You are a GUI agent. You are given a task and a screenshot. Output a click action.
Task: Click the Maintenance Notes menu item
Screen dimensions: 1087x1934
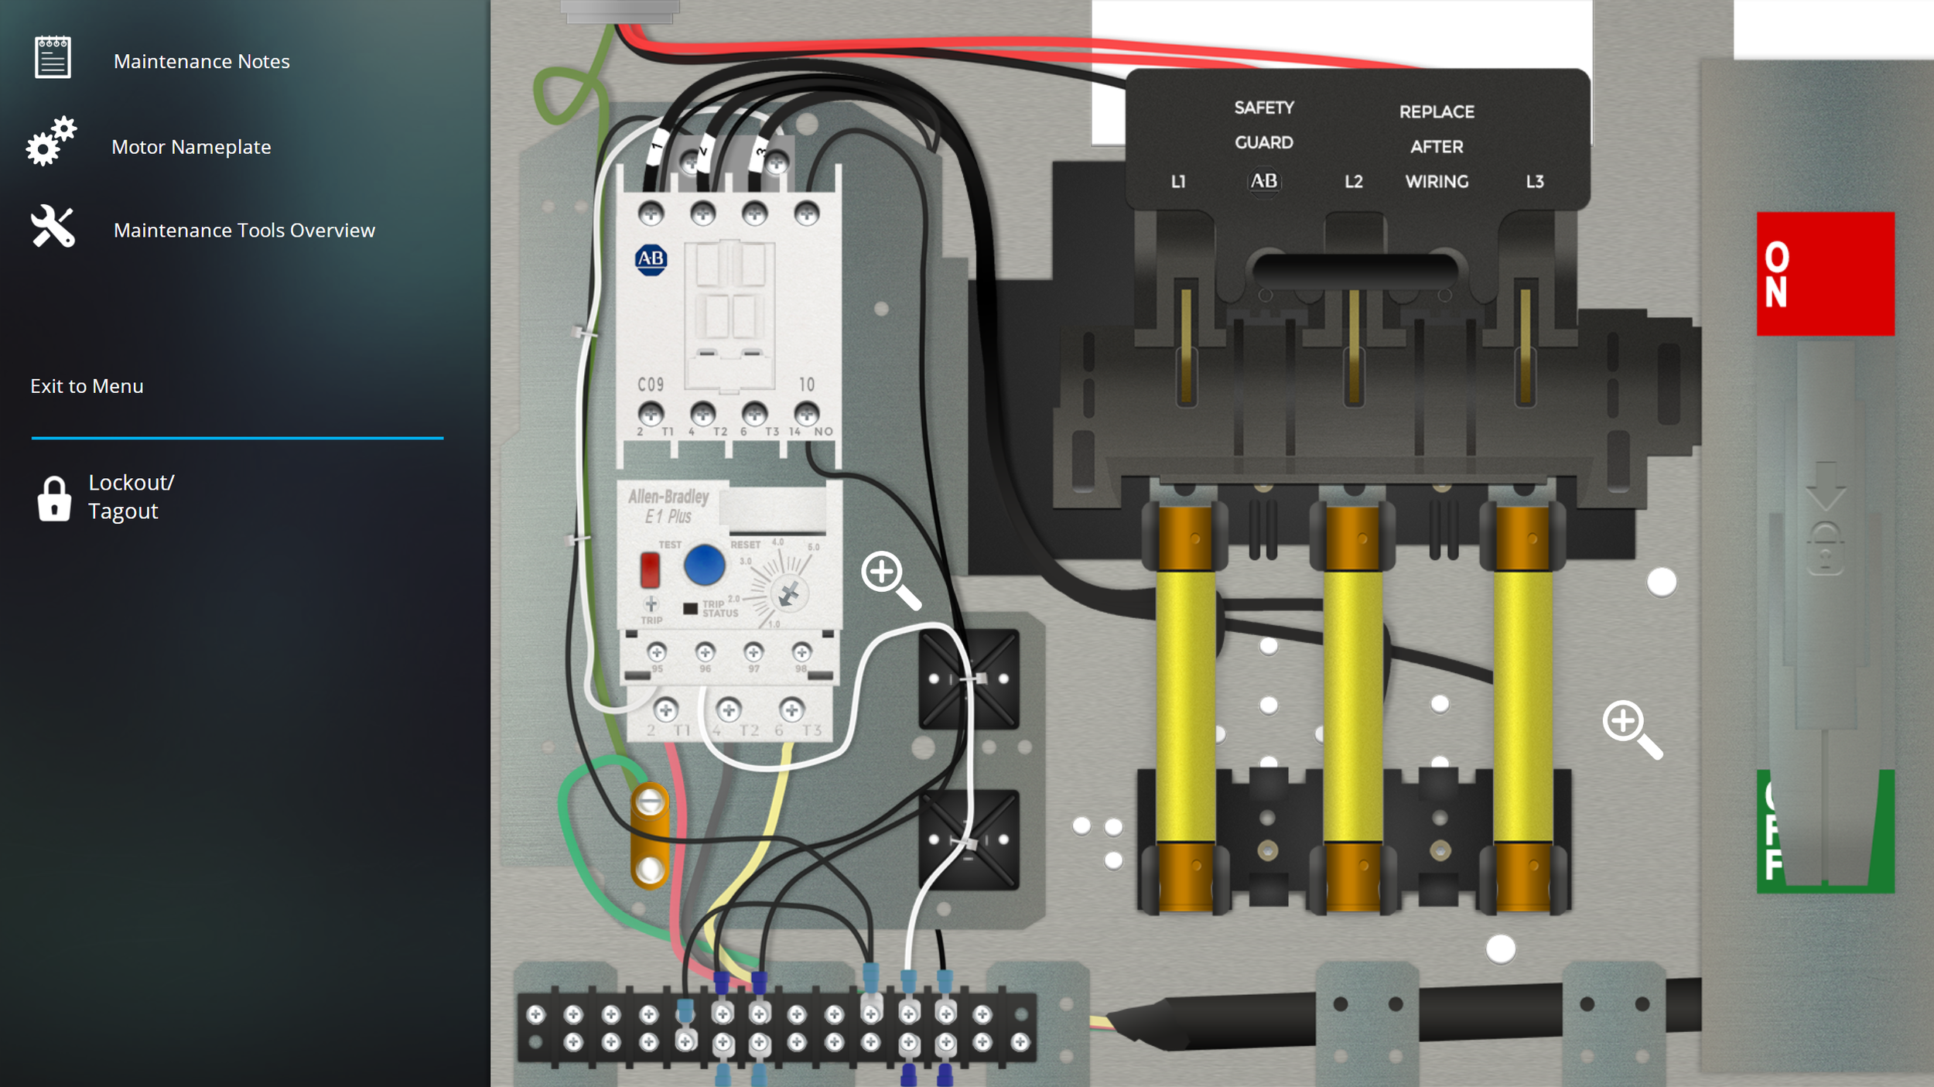click(x=201, y=61)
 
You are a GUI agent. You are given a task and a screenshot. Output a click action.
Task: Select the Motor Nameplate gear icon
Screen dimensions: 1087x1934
click(x=51, y=142)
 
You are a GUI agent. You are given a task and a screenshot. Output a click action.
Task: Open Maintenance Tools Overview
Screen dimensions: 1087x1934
click(x=244, y=230)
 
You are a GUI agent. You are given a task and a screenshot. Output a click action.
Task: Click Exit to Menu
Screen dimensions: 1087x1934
click(x=87, y=386)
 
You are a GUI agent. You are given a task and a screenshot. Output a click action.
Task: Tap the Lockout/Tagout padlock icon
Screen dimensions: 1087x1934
click(x=54, y=499)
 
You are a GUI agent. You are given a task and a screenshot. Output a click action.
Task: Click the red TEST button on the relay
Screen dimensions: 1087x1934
click(x=650, y=570)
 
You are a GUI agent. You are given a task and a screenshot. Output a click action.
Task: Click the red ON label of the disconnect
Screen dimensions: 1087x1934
click(x=1824, y=274)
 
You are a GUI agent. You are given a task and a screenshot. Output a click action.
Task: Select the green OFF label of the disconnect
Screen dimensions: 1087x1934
click(x=1824, y=832)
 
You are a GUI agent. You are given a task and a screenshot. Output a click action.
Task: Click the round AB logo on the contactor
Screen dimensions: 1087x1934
click(x=651, y=259)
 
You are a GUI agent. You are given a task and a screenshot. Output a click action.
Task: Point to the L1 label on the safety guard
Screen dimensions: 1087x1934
click(x=1178, y=182)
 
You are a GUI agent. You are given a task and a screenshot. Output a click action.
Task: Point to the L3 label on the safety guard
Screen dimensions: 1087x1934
click(x=1535, y=182)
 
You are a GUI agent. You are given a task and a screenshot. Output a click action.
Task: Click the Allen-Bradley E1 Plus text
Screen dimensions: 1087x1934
click(x=668, y=506)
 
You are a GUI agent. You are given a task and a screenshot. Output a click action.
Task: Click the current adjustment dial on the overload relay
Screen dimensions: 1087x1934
click(x=788, y=594)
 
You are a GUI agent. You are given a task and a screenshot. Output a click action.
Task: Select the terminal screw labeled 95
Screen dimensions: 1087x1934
click(x=657, y=652)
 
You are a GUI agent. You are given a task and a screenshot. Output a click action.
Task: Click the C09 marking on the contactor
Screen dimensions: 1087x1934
click(x=651, y=385)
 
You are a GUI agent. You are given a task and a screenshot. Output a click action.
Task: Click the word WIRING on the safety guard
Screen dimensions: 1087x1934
click(x=1437, y=182)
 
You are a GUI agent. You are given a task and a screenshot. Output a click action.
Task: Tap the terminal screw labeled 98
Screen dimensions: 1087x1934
click(x=801, y=652)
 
